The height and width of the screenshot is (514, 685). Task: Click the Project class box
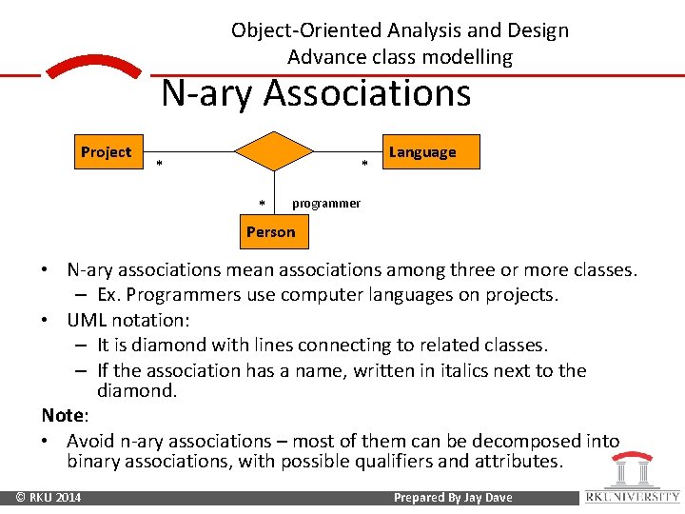[107, 152]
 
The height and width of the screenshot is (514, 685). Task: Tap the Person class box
[271, 232]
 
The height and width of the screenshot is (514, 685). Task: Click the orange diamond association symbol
[274, 151]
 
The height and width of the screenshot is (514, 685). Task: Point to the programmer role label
[326, 204]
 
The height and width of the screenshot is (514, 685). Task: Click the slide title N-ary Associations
[316, 94]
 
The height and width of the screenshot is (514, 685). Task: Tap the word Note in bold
[63, 416]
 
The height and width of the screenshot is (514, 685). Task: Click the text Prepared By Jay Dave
[453, 498]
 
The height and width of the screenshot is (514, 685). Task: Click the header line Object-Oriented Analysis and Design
[400, 30]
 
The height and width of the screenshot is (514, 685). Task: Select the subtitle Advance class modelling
[400, 57]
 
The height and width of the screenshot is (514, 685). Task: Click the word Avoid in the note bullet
[92, 442]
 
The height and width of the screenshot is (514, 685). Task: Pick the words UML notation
[125, 321]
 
